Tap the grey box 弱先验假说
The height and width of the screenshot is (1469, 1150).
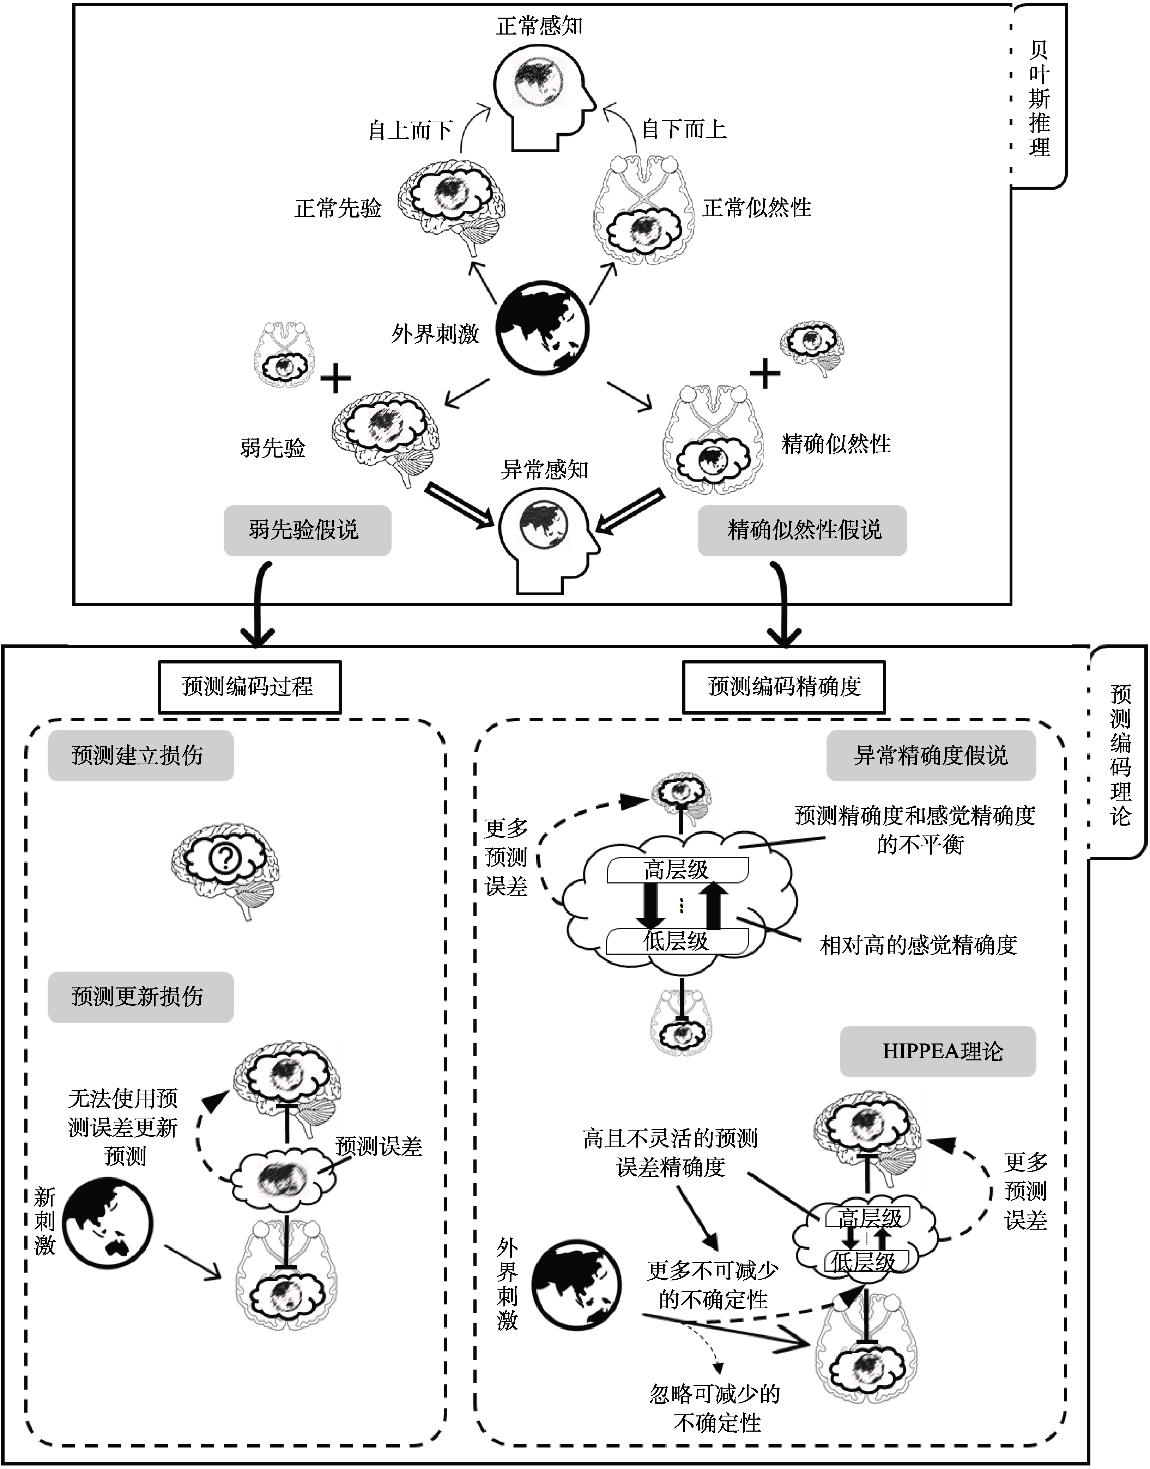(x=307, y=530)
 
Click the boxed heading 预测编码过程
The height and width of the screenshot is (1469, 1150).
(x=249, y=686)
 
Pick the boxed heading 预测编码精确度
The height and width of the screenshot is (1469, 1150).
(x=784, y=686)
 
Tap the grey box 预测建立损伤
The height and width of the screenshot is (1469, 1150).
(x=140, y=755)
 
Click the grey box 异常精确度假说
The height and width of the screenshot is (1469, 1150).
(x=931, y=755)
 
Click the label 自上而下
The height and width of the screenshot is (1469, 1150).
(x=410, y=130)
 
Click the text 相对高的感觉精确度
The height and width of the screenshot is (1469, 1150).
(x=918, y=945)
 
